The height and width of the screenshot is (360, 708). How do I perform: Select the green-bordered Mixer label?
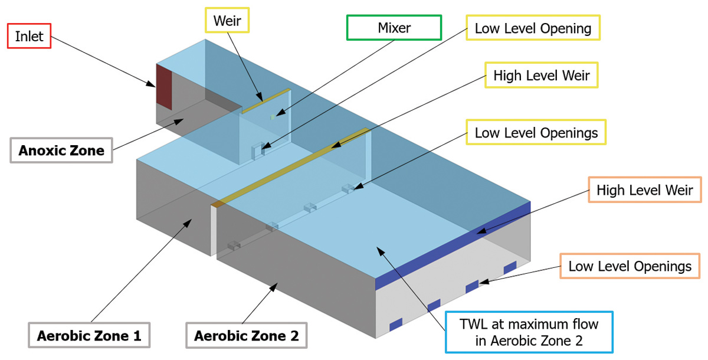coord(394,28)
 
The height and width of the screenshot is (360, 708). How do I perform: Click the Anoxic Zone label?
coord(61,150)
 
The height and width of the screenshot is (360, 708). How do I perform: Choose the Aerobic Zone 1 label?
coord(89,336)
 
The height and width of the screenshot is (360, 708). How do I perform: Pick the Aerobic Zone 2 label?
coord(246,336)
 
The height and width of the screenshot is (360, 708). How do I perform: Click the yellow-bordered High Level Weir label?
coord(541,76)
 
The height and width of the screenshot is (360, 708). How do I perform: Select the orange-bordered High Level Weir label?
coord(644,190)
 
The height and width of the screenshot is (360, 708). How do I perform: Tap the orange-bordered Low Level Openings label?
coord(630,266)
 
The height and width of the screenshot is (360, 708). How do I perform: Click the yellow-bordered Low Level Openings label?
coord(536,133)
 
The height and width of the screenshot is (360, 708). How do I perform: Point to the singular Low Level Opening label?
coord(533,28)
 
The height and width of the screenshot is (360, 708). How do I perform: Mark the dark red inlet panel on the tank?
coord(163,87)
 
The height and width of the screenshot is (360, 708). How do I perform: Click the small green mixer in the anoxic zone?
coord(273,117)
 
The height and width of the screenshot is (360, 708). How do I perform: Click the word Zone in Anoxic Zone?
coord(87,150)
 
